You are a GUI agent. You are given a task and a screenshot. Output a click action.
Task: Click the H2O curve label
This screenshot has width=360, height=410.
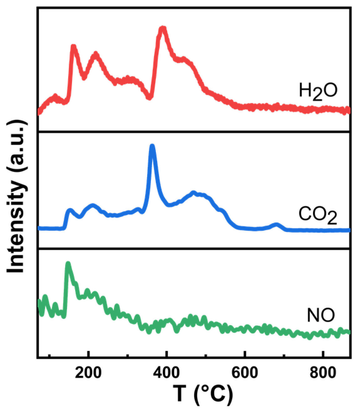click(x=318, y=92)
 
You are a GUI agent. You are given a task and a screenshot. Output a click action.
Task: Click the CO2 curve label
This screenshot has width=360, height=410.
click(x=317, y=215)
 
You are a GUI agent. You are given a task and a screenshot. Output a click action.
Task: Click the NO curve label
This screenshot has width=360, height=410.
click(x=321, y=315)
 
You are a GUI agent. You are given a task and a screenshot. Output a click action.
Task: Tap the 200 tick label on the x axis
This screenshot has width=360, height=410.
click(x=89, y=372)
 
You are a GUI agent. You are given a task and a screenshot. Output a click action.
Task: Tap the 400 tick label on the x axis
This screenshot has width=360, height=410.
click(x=167, y=372)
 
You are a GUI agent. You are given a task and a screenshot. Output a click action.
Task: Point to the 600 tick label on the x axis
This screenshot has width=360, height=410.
click(x=245, y=372)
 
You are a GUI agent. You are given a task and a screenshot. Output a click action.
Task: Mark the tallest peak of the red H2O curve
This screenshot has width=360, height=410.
click(x=162, y=29)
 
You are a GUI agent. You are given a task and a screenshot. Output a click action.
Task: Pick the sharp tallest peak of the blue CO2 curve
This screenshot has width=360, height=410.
click(x=152, y=146)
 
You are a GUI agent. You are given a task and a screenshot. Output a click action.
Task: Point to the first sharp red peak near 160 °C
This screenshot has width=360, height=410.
click(x=74, y=47)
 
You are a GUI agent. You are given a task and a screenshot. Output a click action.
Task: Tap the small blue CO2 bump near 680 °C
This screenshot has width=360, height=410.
click(x=276, y=224)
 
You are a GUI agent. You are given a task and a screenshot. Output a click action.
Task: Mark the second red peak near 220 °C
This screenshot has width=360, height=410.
click(x=96, y=55)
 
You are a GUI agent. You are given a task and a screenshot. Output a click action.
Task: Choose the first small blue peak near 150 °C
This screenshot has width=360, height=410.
click(x=69, y=210)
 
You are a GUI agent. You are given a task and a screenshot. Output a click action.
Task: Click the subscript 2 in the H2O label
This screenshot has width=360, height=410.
click(x=317, y=95)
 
